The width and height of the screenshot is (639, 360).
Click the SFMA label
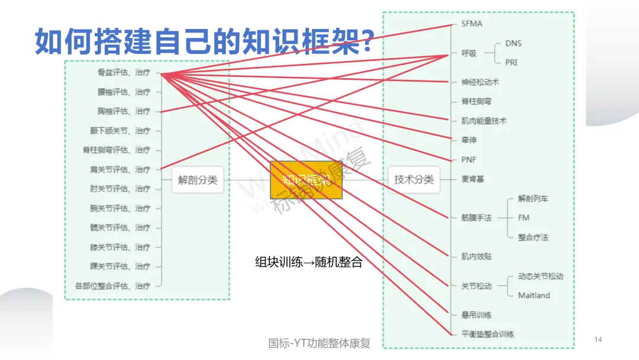point(472,24)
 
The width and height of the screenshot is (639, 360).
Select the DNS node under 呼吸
point(513,43)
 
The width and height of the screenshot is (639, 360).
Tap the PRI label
point(511,62)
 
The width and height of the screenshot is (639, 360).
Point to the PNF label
point(469,160)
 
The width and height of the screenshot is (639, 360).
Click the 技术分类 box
point(414,179)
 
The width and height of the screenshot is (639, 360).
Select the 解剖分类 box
point(198,180)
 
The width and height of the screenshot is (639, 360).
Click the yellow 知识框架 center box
point(306,180)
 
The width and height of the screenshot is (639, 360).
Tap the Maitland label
point(534,295)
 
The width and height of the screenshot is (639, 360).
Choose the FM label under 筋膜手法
point(524,218)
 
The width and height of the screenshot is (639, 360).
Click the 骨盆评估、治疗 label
point(124,73)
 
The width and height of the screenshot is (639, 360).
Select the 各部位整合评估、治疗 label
point(112,286)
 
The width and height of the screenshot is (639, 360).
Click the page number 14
point(598,339)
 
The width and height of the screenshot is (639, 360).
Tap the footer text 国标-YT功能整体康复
point(319,343)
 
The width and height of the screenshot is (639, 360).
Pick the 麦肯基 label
point(473,179)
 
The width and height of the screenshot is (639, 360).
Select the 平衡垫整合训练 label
point(488,334)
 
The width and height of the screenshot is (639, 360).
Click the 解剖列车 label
point(533,198)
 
